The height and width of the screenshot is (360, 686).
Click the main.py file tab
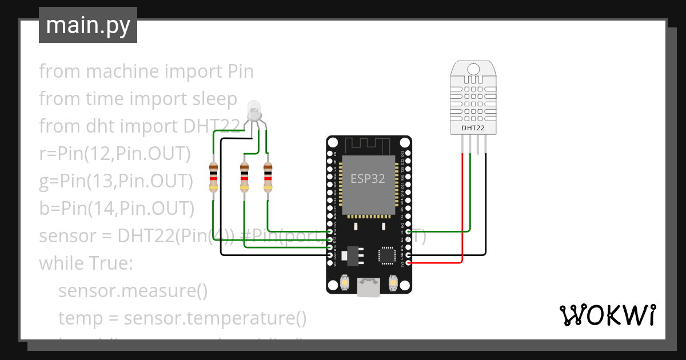87,25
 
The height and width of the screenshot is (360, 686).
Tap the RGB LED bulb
254,109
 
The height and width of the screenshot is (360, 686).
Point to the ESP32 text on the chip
368,178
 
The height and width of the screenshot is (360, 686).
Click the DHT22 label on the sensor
473,128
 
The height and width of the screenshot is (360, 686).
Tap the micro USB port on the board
369,287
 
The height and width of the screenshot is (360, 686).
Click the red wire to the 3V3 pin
461,229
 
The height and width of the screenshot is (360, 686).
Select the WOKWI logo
607,315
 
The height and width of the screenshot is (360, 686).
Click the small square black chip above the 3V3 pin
387,255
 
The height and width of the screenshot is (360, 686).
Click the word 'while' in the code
60,264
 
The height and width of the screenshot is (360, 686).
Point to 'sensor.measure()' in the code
133,291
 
